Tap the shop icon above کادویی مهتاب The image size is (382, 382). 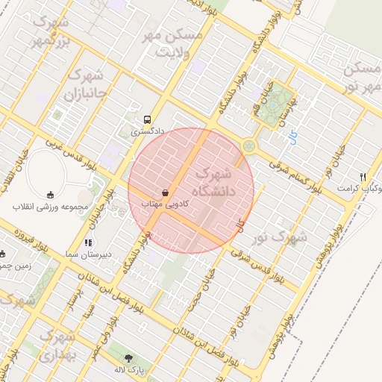pyautogui.click(x=164, y=192)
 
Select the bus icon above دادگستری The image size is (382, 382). pyautogui.click(x=147, y=119)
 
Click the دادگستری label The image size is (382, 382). pyautogui.click(x=146, y=131)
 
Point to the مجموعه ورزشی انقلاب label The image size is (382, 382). pyautogui.click(x=51, y=206)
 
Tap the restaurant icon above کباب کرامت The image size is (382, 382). pyautogui.click(x=363, y=177)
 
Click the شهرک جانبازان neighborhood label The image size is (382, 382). pyautogui.click(x=82, y=85)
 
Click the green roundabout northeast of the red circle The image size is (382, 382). pyautogui.click(x=248, y=146)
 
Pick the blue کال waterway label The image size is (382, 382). pyautogui.click(x=292, y=137)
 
